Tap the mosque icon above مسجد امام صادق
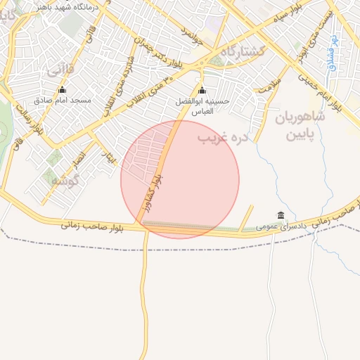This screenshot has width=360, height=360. click(x=62, y=89)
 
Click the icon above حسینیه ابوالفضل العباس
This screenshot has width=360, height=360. click(x=202, y=90)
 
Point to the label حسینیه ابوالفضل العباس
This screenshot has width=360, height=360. click(x=202, y=106)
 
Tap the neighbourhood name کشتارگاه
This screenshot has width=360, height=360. click(x=243, y=52)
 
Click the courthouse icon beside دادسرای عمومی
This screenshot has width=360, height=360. click(x=281, y=215)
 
